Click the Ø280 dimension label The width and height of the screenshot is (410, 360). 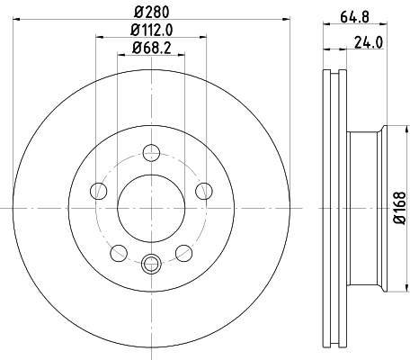(x=151, y=10)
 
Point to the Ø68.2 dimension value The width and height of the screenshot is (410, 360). (x=151, y=48)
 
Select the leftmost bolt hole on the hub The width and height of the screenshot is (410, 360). (x=97, y=190)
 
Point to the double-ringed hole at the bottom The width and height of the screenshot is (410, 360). (x=151, y=263)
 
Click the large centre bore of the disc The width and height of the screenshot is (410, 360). (x=151, y=207)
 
